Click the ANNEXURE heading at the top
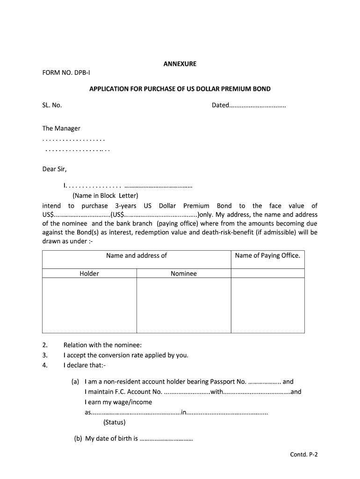coord(180,64)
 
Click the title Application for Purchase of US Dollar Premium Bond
coord(180,89)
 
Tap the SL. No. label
coord(52,105)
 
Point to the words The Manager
coord(61,128)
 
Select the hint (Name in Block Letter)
coord(105,196)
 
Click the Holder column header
coord(89,274)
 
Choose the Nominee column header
coord(184,274)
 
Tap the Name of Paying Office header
coord(267,255)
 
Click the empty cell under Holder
coord(89,305)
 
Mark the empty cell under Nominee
coord(184,305)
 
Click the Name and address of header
coord(137,255)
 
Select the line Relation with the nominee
coord(102,345)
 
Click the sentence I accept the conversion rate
coord(126,355)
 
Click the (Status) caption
coord(115,422)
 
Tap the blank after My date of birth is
coord(166,439)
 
